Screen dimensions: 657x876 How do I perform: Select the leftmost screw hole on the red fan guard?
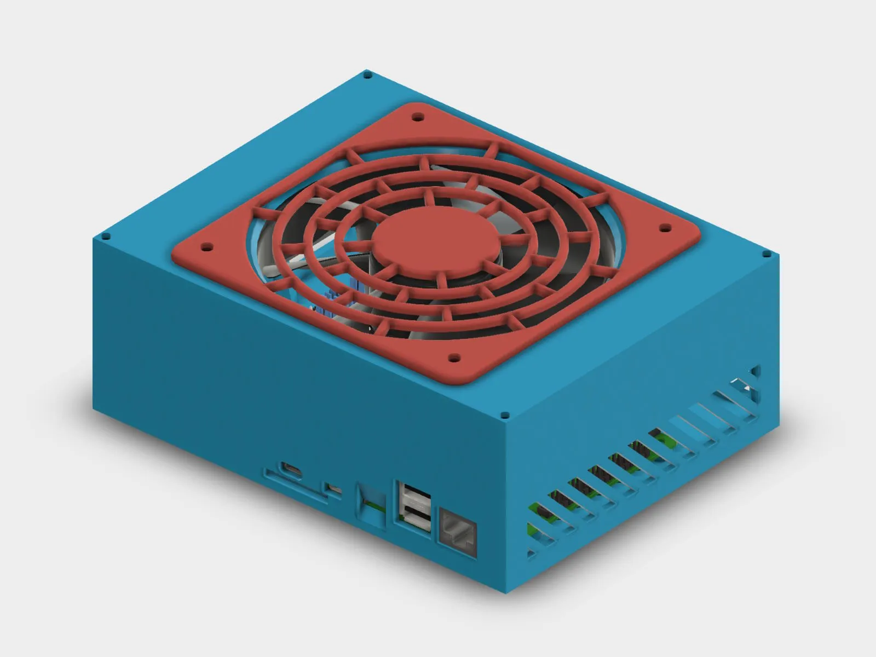206,247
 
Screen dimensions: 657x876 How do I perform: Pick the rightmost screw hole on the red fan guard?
666,227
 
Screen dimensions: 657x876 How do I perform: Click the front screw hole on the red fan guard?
453,359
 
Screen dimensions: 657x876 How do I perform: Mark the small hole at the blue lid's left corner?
106,237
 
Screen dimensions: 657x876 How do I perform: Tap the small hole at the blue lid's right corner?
765,254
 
